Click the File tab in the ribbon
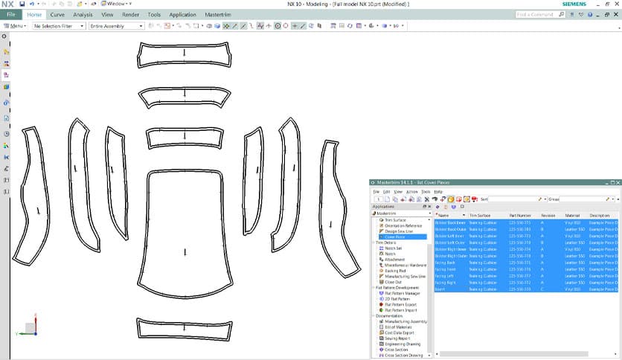point(11,14)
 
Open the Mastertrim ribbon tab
point(219,14)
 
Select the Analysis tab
point(83,14)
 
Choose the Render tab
point(130,14)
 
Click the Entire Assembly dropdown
point(116,26)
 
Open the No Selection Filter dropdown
point(57,26)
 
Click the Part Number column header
point(519,215)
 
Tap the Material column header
point(571,215)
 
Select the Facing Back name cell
point(446,262)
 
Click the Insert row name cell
point(441,289)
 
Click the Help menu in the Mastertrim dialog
point(439,191)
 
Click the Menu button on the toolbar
point(16,26)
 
